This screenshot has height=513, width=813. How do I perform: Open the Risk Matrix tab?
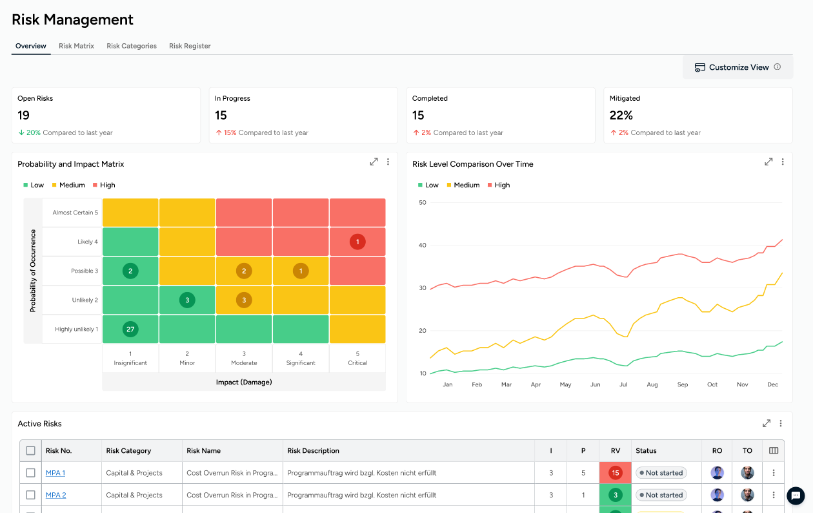coord(76,46)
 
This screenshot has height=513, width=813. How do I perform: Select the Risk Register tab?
coord(190,46)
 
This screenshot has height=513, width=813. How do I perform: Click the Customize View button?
coord(738,67)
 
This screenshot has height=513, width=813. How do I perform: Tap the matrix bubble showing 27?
coord(130,330)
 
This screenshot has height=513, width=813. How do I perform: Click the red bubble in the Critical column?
coord(357,242)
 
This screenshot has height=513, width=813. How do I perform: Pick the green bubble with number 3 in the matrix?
coord(187,300)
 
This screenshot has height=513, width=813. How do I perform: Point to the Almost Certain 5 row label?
coord(75,213)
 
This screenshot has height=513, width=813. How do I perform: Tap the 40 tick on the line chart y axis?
coord(423,246)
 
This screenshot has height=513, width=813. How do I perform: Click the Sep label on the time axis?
coord(683,384)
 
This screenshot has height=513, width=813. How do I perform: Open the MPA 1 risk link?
coord(55,473)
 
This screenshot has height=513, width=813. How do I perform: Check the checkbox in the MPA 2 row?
coord(30,495)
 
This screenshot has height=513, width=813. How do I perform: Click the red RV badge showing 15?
coord(616,473)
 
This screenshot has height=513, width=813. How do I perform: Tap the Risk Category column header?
coord(128,451)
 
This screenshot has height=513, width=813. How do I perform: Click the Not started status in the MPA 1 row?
coord(661,473)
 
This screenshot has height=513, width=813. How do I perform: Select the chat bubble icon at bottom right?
coord(796,496)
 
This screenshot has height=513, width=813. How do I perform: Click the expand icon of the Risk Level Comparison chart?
coord(768,162)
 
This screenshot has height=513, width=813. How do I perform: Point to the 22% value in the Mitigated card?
coord(621,116)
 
